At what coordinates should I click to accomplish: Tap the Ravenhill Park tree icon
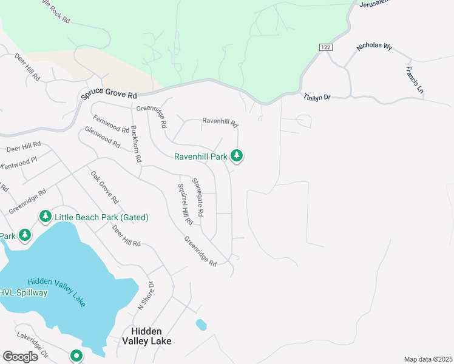coord(237,157)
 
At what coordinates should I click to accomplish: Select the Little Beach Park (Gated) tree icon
coord(45,217)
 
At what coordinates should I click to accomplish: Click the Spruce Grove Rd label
coord(110,96)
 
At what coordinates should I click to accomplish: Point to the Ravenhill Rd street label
coord(220,122)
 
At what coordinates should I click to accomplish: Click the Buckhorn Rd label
coord(136,144)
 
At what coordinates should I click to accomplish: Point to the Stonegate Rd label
coord(198,198)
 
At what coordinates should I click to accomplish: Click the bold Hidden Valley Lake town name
coord(151,336)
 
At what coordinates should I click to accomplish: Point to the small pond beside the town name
coord(201,325)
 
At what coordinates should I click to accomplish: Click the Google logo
coord(20,356)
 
